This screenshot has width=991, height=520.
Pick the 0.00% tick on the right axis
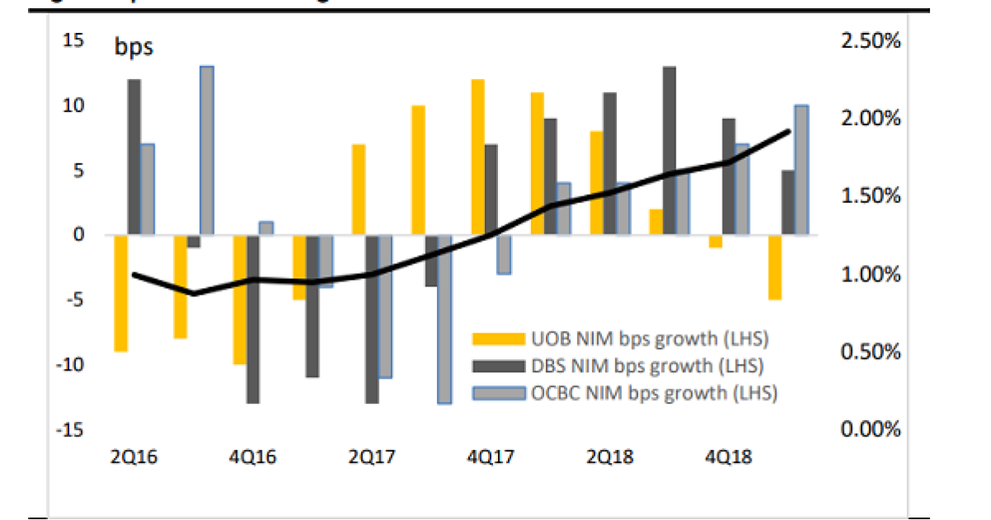pyautogui.click(x=870, y=429)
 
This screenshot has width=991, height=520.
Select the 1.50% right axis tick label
pyautogui.click(x=870, y=196)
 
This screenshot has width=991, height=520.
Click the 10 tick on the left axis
pyautogui.click(x=73, y=106)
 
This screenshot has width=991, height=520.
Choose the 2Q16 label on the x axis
pyautogui.click(x=135, y=456)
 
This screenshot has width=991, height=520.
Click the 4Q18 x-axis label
pyautogui.click(x=728, y=456)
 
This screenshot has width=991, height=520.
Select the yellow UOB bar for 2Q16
pyautogui.click(x=121, y=293)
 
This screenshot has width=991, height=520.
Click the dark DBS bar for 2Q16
pyautogui.click(x=134, y=157)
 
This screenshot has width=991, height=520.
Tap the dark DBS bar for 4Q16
pyautogui.click(x=253, y=319)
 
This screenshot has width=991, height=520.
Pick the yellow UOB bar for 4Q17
pyautogui.click(x=477, y=157)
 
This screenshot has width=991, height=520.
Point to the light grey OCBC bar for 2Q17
pyautogui.click(x=385, y=307)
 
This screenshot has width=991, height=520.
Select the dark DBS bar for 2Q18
pyautogui.click(x=609, y=163)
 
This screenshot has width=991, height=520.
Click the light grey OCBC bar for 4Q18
pyautogui.click(x=742, y=190)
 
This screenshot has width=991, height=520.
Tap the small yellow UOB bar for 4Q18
pyautogui.click(x=715, y=241)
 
